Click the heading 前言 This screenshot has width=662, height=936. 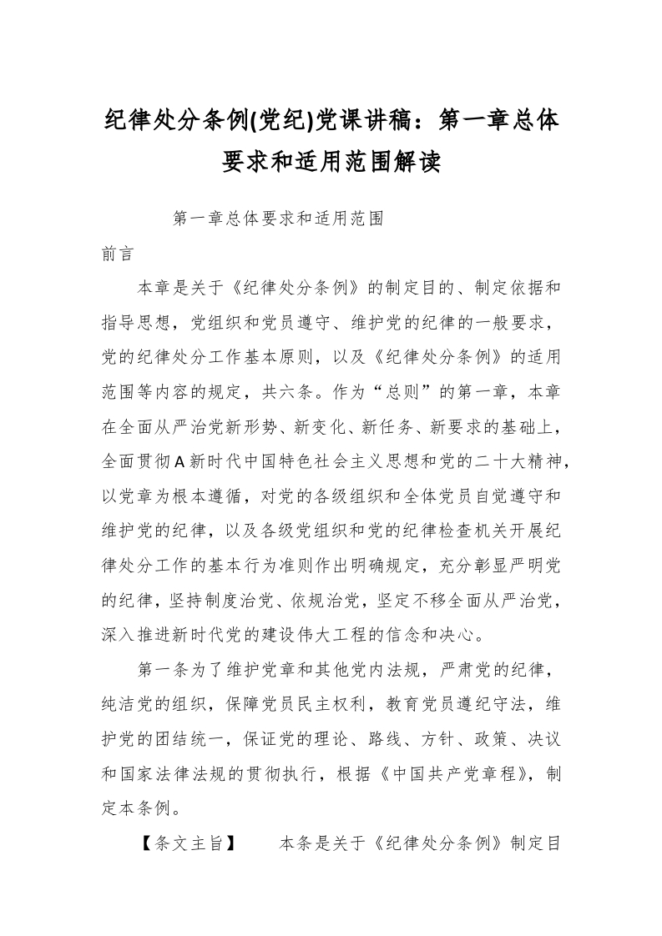point(117,254)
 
